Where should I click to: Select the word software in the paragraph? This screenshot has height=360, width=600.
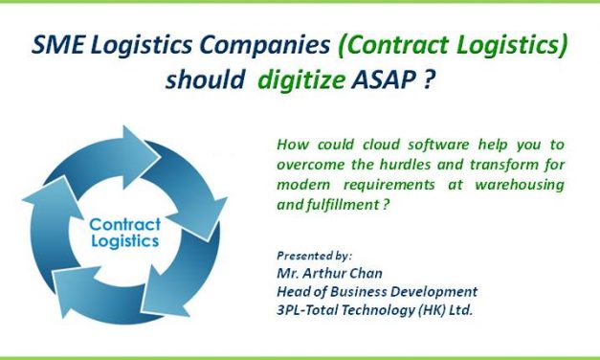click(x=409, y=146)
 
